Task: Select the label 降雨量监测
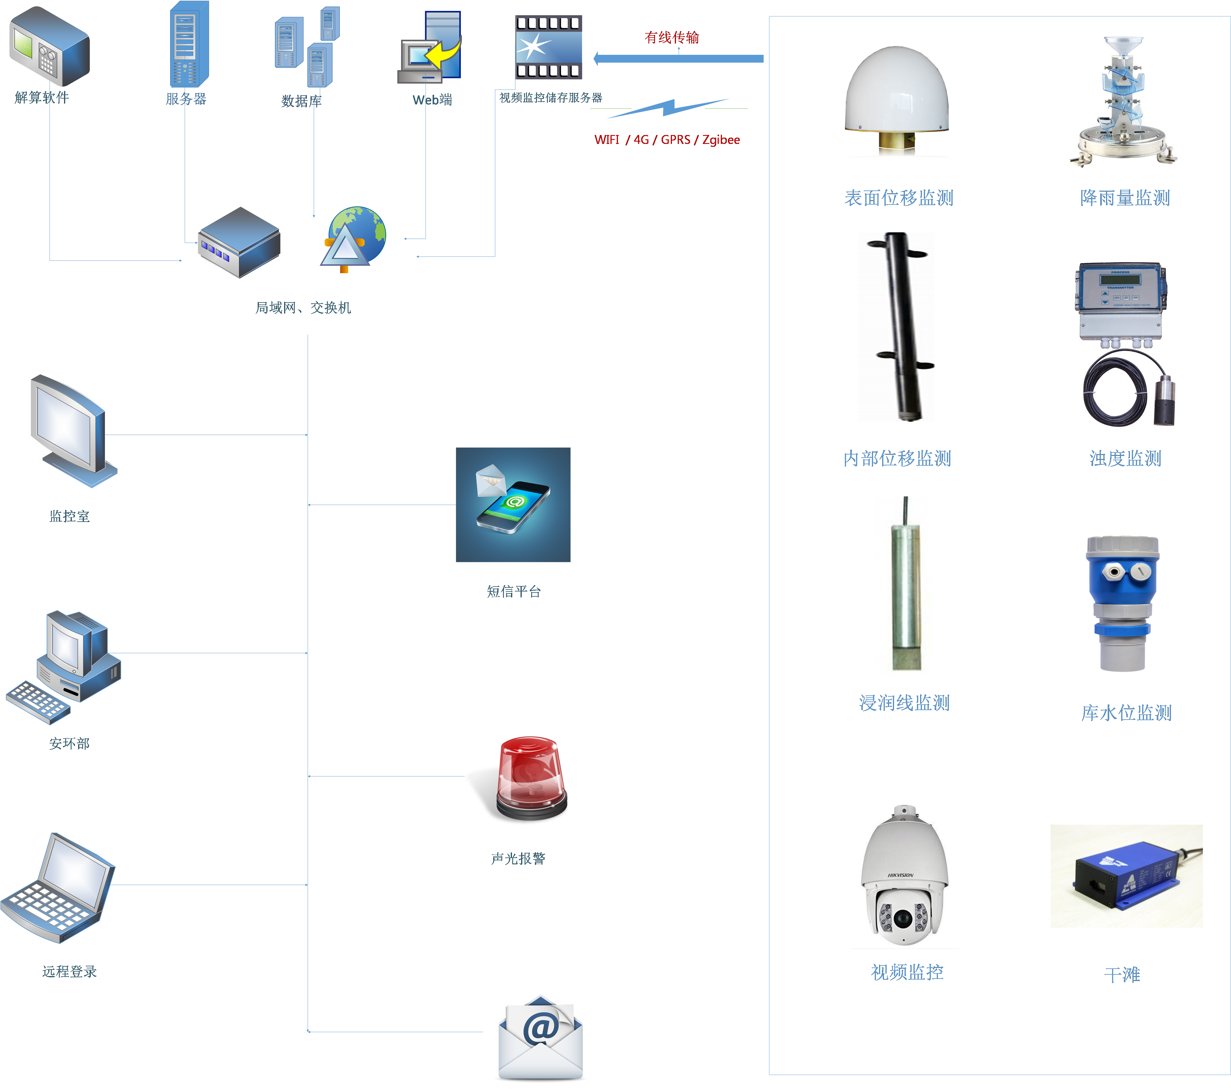coord(1125,198)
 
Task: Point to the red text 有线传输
coord(671,37)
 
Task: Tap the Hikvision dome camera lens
coord(902,918)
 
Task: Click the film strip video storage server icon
coord(548,47)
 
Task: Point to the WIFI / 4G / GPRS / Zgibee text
coord(667,140)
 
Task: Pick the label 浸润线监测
coord(904,703)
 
